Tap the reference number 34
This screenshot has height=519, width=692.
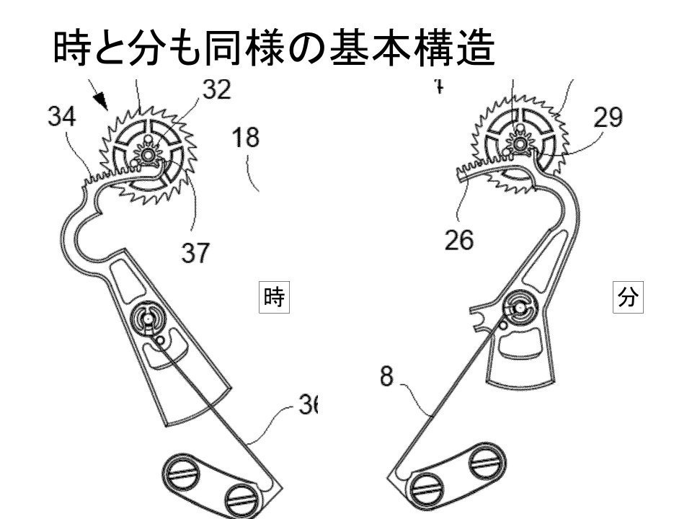point(61,117)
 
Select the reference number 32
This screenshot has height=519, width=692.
point(216,89)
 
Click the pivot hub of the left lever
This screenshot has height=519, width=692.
point(146,316)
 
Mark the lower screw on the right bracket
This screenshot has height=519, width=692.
point(427,489)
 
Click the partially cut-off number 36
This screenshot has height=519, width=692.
point(308,407)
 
